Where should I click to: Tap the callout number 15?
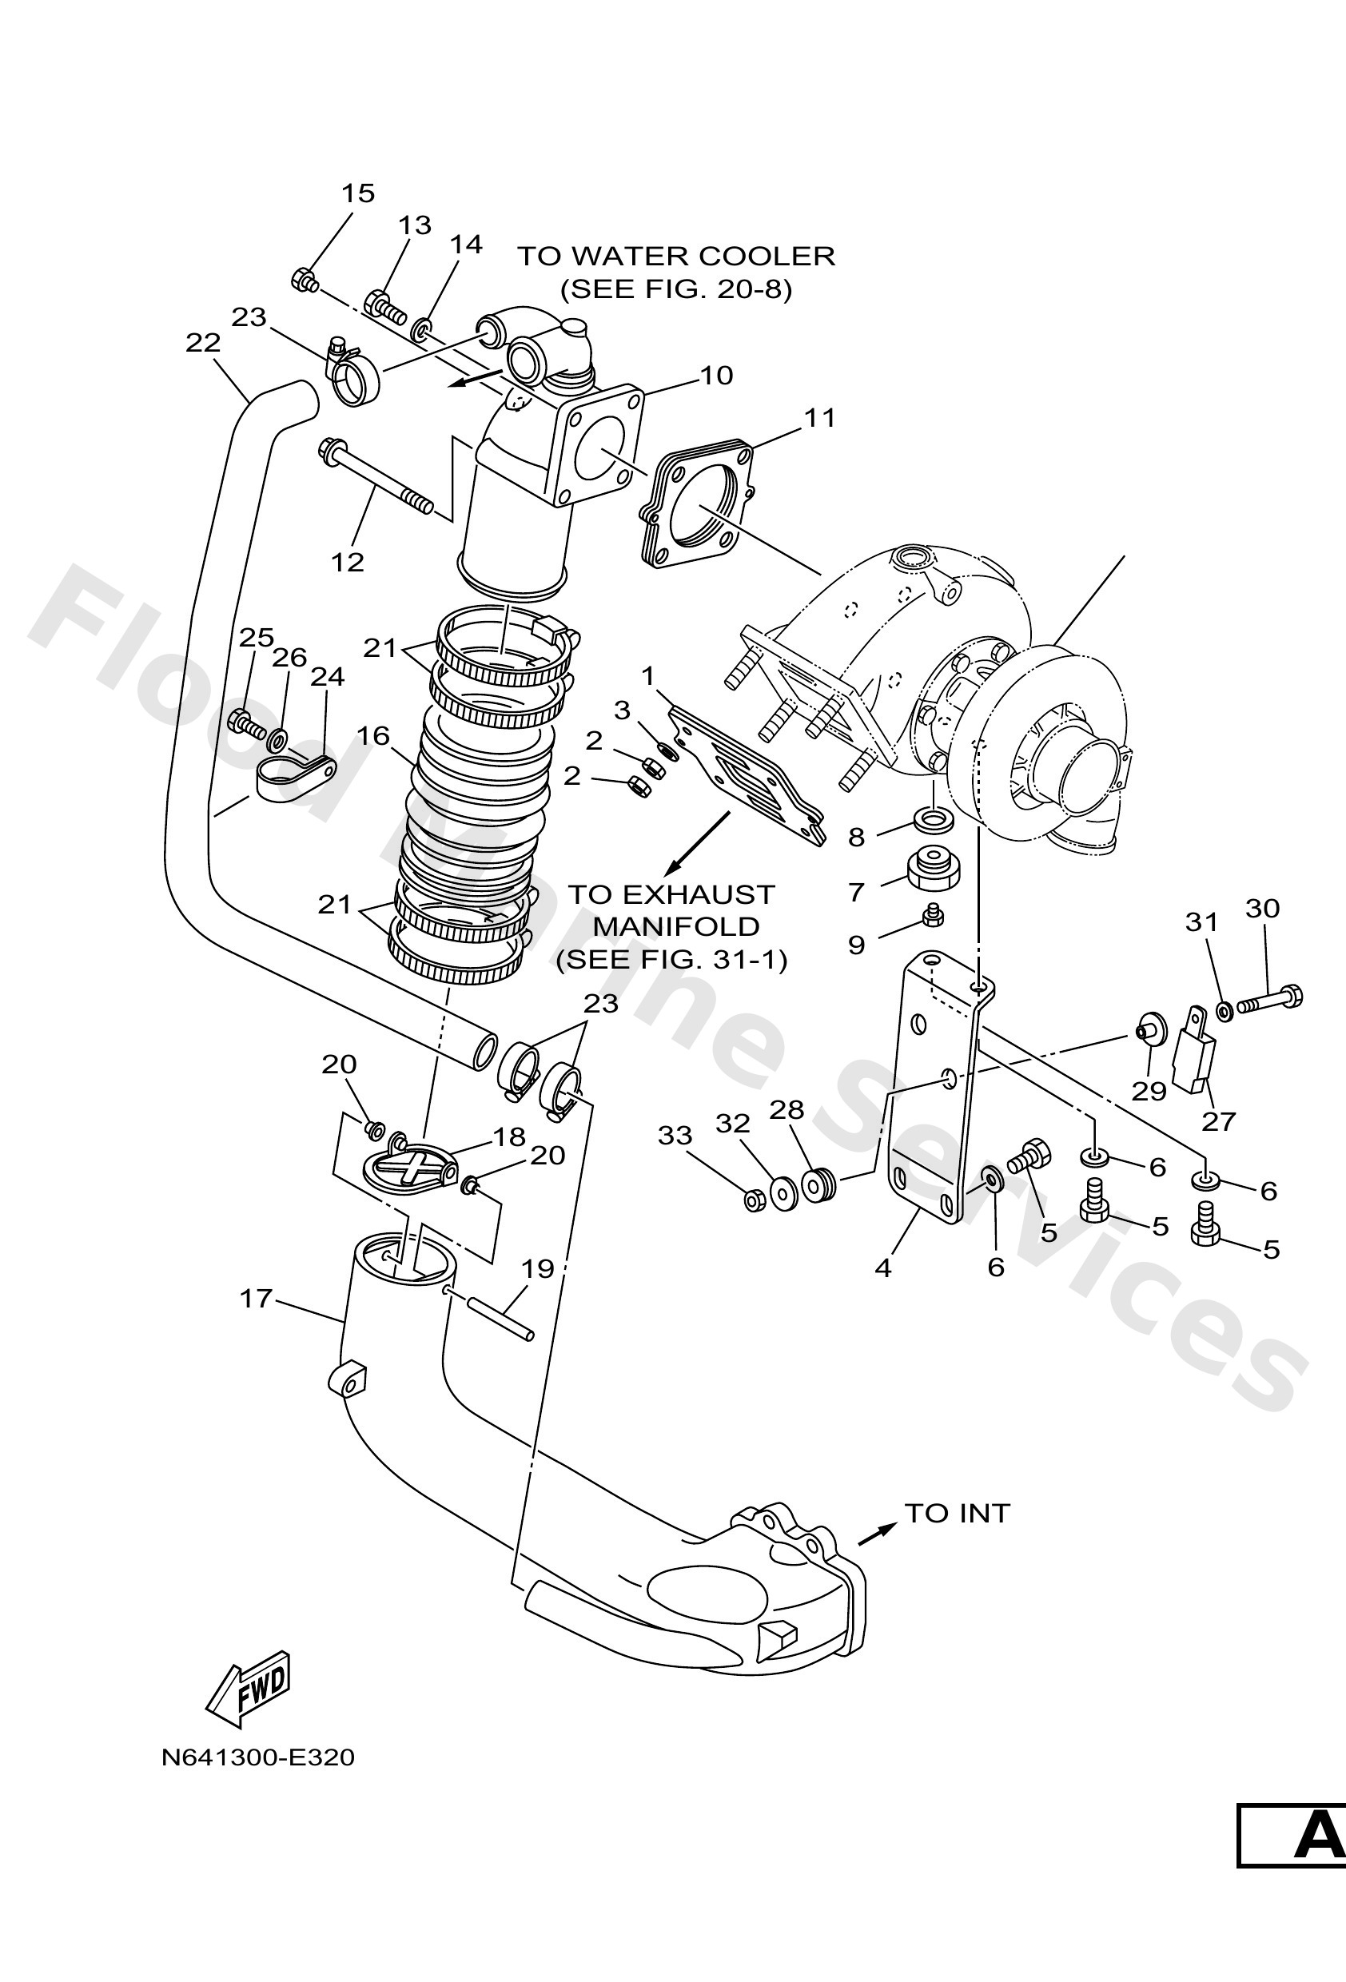click(357, 193)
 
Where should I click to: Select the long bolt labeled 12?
click(376, 478)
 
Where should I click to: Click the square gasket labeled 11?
click(697, 503)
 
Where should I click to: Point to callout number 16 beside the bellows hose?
click(372, 736)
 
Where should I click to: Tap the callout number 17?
click(256, 1299)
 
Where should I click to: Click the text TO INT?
click(956, 1513)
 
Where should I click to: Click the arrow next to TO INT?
click(877, 1533)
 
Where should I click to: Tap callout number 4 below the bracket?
click(883, 1269)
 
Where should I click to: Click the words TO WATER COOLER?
click(676, 256)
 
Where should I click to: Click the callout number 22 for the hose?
click(203, 343)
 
